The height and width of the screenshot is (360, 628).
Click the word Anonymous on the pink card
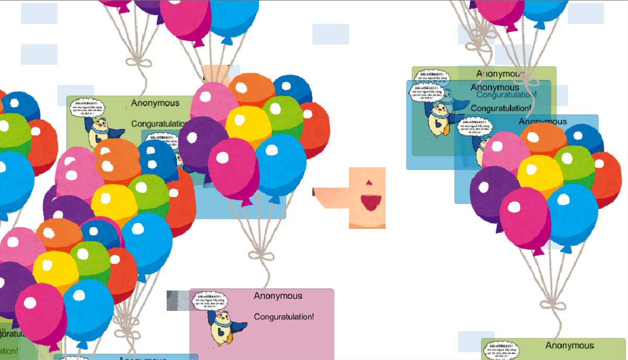click(278, 296)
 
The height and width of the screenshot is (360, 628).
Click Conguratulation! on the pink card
click(284, 317)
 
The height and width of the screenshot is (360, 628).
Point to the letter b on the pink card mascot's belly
click(221, 332)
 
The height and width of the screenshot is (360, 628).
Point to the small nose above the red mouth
click(368, 183)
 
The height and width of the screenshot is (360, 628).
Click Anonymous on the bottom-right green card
click(569, 345)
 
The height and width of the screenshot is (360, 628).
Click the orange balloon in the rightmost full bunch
click(543, 140)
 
